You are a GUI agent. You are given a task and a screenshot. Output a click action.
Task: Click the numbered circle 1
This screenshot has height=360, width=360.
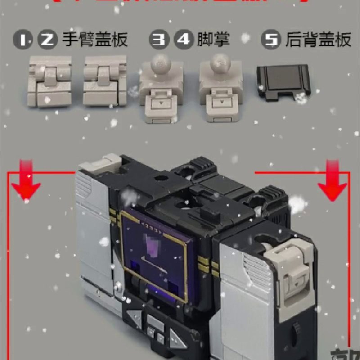click(x=25, y=40)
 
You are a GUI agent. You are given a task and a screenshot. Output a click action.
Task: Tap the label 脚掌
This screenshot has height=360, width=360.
click(x=213, y=40)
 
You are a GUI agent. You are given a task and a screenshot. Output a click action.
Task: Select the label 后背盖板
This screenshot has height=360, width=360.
click(x=318, y=40)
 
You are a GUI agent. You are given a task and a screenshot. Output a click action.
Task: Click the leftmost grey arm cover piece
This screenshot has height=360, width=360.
click(x=50, y=81)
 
